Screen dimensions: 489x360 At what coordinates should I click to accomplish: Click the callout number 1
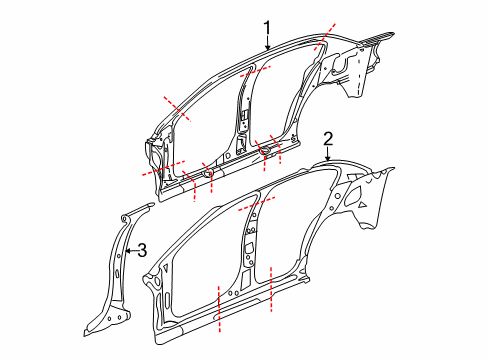tap(267, 27)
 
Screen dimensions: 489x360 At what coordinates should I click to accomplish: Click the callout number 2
tap(327, 138)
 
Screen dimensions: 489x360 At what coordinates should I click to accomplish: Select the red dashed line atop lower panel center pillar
tap(258, 205)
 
